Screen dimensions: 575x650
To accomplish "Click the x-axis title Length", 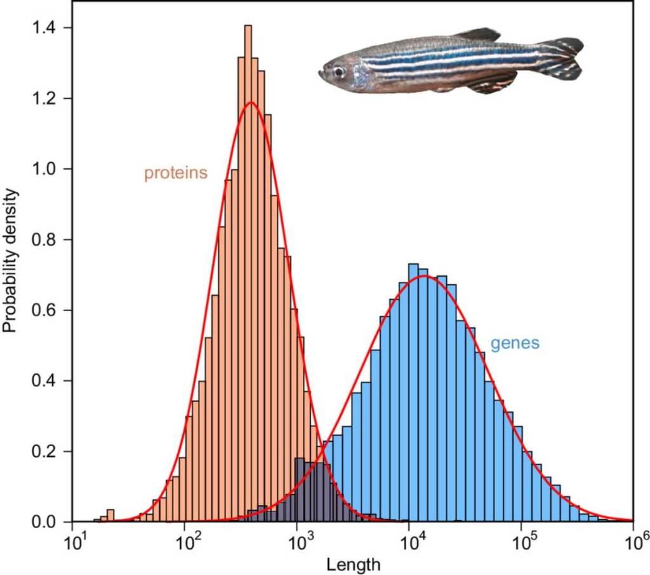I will (353, 564).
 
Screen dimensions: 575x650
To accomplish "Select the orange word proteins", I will (176, 173).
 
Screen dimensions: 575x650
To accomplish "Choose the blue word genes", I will (515, 343).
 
